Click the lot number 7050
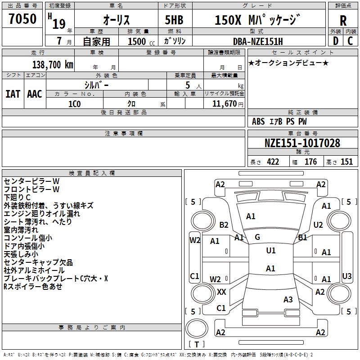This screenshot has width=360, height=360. coord(22,20)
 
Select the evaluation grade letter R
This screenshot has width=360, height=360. coord(343,21)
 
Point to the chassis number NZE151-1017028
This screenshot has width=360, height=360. coord(302,143)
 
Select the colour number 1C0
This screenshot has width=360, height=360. coord(74,103)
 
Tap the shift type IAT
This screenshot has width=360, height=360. coord(13,94)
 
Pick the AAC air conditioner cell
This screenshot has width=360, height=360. coord(34,94)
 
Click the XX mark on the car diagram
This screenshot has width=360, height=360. coord(221,292)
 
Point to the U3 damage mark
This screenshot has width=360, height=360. coord(347,276)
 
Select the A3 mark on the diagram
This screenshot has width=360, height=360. coord(288,300)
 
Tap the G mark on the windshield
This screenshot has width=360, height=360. coord(257,237)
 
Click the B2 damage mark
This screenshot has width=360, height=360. coord(224,225)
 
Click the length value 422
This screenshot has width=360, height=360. coord(273,162)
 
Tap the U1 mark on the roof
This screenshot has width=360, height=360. coord(271,251)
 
